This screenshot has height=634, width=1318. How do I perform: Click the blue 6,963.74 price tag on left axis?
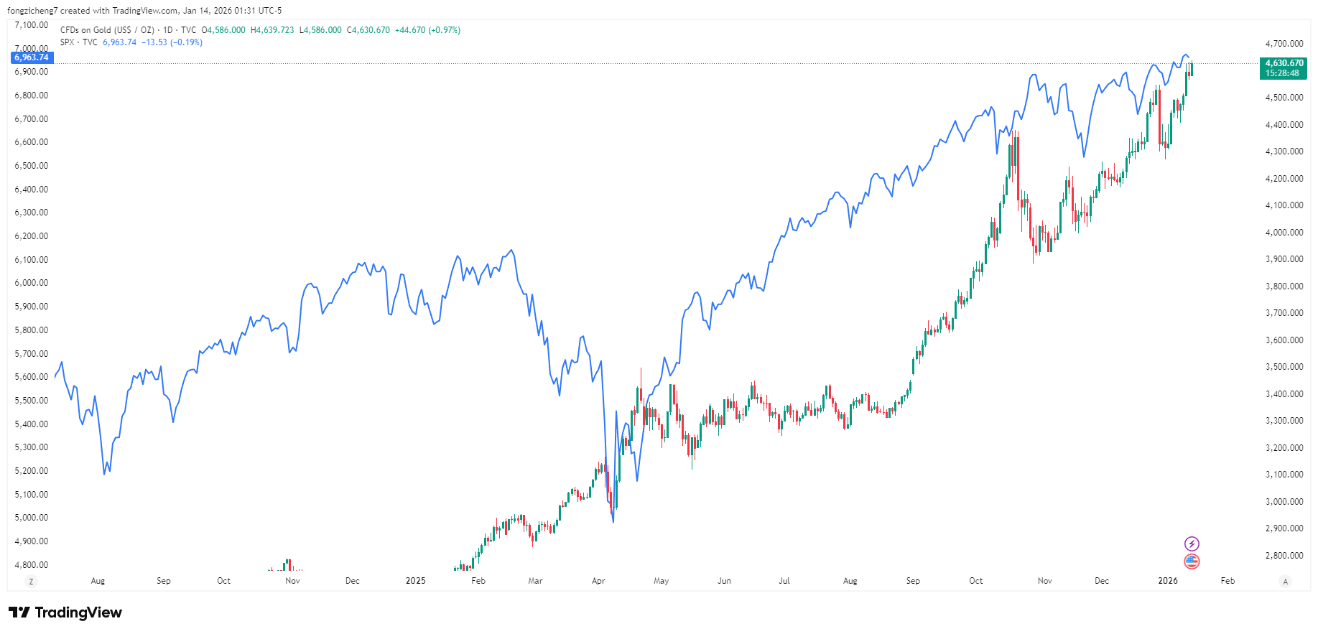pos(32,57)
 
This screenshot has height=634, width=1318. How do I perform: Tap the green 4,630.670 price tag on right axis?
pos(1284,63)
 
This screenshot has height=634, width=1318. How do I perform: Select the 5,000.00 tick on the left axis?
pos(32,518)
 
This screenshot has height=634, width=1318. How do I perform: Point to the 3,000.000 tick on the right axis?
pos(1284,502)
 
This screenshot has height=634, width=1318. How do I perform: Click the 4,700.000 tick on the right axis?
pos(1284,44)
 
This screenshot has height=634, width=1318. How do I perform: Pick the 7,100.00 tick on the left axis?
pos(32,25)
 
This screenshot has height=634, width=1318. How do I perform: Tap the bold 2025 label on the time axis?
pos(415,581)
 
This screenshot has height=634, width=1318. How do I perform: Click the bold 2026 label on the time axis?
pos(1167,581)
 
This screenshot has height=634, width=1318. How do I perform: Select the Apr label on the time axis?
pos(598,581)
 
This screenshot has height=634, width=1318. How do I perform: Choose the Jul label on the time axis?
pos(784,581)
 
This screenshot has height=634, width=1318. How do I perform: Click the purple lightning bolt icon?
pos(1192,544)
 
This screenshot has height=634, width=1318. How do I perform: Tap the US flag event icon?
pos(1192,561)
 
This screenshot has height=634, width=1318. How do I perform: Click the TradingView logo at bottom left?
pos(65,612)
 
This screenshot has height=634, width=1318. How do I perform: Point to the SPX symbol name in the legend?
pos(68,42)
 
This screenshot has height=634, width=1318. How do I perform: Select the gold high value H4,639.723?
pos(272,30)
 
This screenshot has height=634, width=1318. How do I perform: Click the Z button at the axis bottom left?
pos(31,582)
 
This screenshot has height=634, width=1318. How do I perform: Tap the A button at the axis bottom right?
pos(1285,582)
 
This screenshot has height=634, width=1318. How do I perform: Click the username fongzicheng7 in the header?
pos(32,11)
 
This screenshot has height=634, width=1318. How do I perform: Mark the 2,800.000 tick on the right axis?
pos(1284,556)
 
